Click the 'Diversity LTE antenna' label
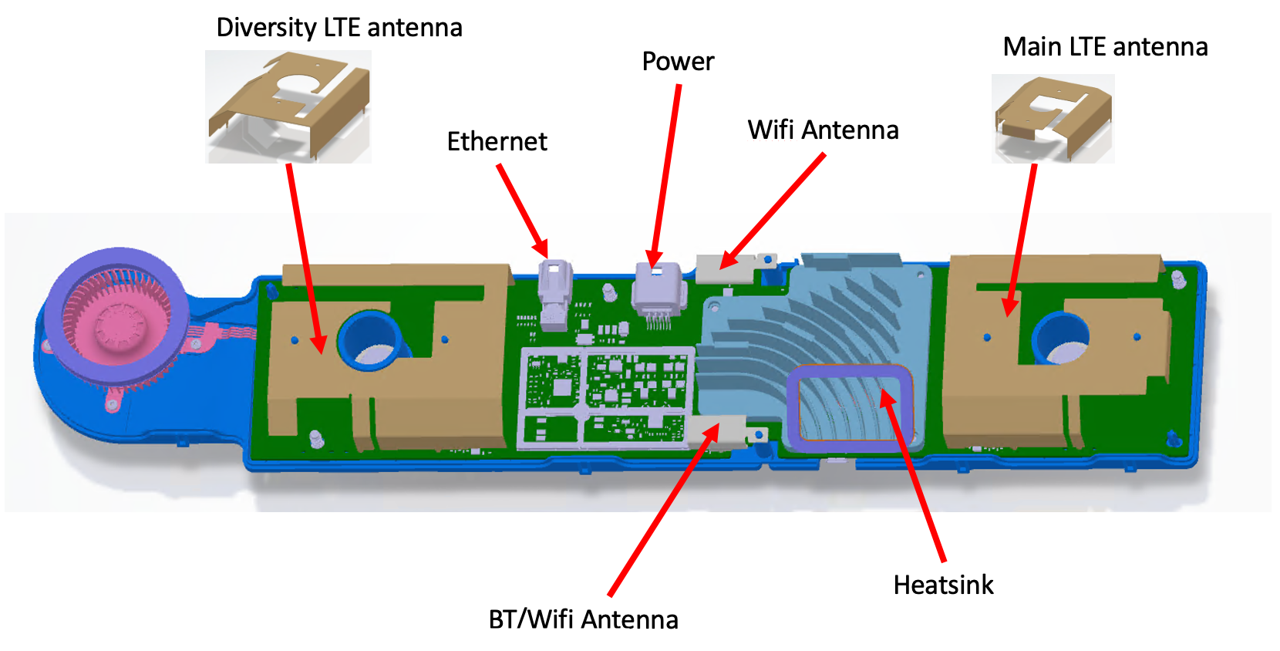point(339,28)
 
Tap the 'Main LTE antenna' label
point(1105,47)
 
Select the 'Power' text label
point(678,62)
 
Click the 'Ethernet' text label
point(497,142)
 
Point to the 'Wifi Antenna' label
point(823,130)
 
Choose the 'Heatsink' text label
point(943,585)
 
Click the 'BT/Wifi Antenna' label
point(584,620)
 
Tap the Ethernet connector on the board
point(554,293)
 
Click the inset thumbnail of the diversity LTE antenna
point(288,106)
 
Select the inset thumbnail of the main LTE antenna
point(1053,118)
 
